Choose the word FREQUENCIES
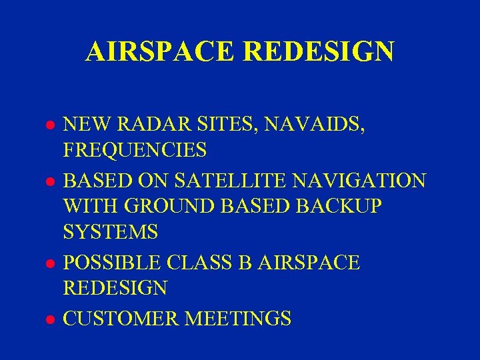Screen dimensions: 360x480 tap(135, 151)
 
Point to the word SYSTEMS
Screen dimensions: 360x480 tap(111, 233)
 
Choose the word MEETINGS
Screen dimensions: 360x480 tap(238, 317)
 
